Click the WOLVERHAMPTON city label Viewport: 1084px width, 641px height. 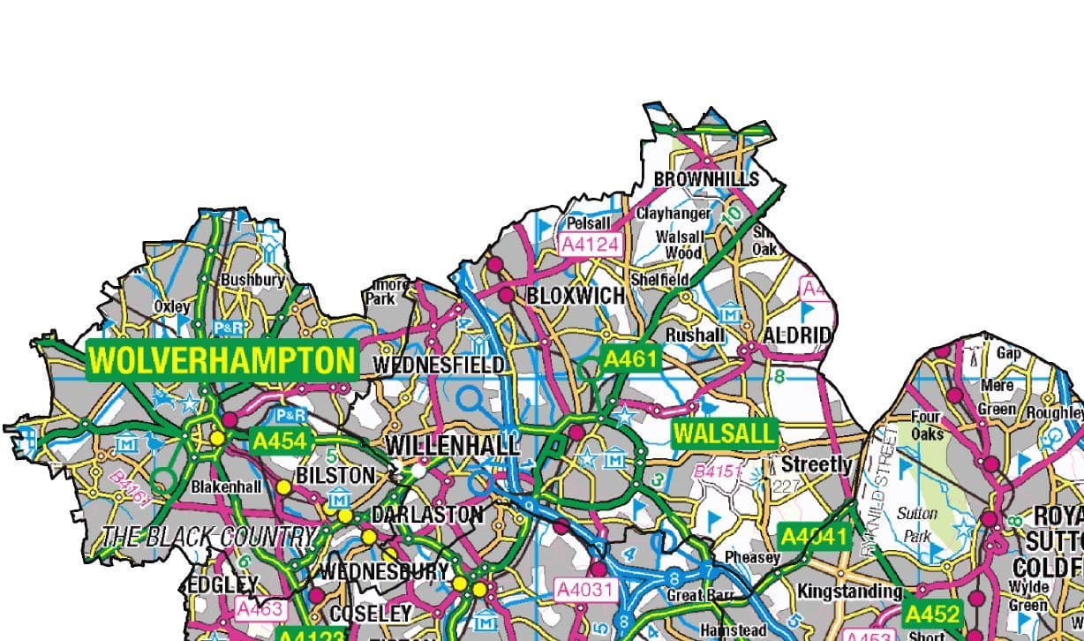click(222, 360)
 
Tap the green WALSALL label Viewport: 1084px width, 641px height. click(724, 434)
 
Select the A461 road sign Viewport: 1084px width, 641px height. click(630, 358)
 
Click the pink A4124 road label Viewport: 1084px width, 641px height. click(591, 244)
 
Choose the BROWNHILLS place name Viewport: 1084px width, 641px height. click(705, 179)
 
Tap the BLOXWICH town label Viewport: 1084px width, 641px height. click(576, 296)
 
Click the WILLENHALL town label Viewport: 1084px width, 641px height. click(453, 445)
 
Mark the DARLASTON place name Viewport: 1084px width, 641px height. click(427, 515)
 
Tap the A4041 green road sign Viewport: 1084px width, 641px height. click(814, 536)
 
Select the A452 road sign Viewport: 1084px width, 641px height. click(932, 614)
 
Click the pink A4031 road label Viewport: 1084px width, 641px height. click(584, 589)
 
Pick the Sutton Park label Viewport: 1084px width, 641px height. click(917, 524)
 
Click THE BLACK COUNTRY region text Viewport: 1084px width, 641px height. click(207, 536)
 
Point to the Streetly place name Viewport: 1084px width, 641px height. click(817, 464)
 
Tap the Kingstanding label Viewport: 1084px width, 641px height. click(845, 591)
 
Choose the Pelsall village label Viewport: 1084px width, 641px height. click(589, 223)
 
